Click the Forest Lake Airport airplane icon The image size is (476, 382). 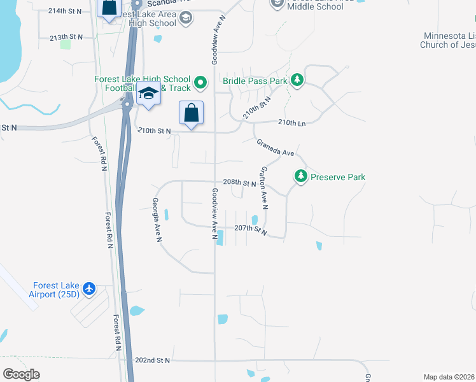coord(88,289)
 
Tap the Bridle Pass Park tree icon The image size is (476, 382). coord(297,80)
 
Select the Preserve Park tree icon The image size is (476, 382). coord(301,176)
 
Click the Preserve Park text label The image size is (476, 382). coord(338,177)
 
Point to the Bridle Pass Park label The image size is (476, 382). coord(255,81)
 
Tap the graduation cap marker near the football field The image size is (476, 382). coord(148,93)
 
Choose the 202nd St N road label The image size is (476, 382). coord(153,360)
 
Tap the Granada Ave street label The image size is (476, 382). coord(276,149)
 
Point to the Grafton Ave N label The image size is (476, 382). coord(264,188)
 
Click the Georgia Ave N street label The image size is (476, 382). coord(157,220)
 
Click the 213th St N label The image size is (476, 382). coord(66,38)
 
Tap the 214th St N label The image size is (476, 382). coord(65,11)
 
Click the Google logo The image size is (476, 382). coord(22,374)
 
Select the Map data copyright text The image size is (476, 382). coord(449,376)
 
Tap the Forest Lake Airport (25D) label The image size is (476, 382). coord(54,290)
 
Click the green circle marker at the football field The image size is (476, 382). coord(200,81)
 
